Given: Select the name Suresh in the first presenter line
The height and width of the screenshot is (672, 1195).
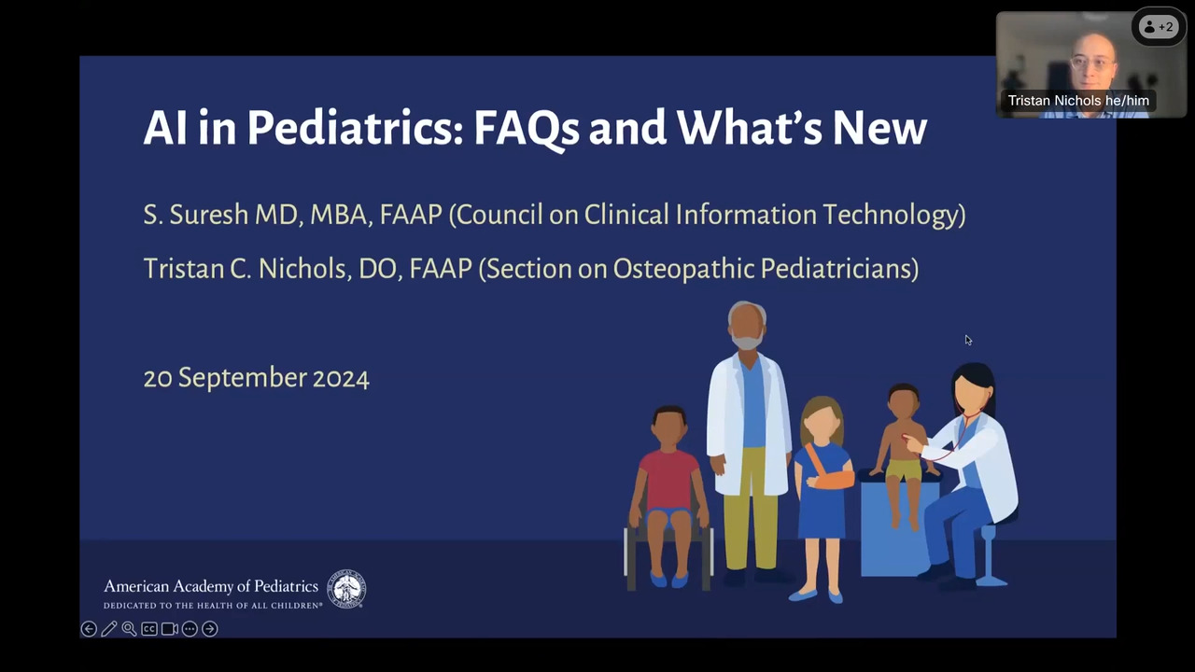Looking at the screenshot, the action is (x=209, y=215).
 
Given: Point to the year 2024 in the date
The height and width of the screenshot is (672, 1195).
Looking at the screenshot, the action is (x=341, y=379).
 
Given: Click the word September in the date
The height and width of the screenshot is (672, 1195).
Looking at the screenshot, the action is (x=243, y=379).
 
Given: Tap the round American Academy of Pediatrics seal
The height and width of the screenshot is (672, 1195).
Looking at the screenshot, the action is (x=346, y=589).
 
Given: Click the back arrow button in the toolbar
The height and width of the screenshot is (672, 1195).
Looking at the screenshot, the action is (x=89, y=629).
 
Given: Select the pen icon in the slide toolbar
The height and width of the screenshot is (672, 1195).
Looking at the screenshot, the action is (x=109, y=629).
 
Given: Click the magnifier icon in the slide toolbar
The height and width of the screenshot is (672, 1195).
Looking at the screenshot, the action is (x=129, y=629).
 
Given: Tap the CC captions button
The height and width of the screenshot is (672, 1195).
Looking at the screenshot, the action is (x=149, y=629).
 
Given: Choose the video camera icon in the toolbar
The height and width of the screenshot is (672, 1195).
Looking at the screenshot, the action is (x=170, y=629).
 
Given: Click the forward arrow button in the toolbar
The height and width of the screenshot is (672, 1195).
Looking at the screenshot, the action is (x=210, y=629).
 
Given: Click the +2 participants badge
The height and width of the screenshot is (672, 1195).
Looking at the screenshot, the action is (x=1159, y=27).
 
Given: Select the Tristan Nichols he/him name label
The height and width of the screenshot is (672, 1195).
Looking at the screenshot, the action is (x=1078, y=101).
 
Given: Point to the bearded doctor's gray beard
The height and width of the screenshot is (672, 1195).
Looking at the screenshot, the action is (x=746, y=341).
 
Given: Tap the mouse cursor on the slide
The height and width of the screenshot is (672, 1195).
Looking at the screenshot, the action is (x=968, y=341).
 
